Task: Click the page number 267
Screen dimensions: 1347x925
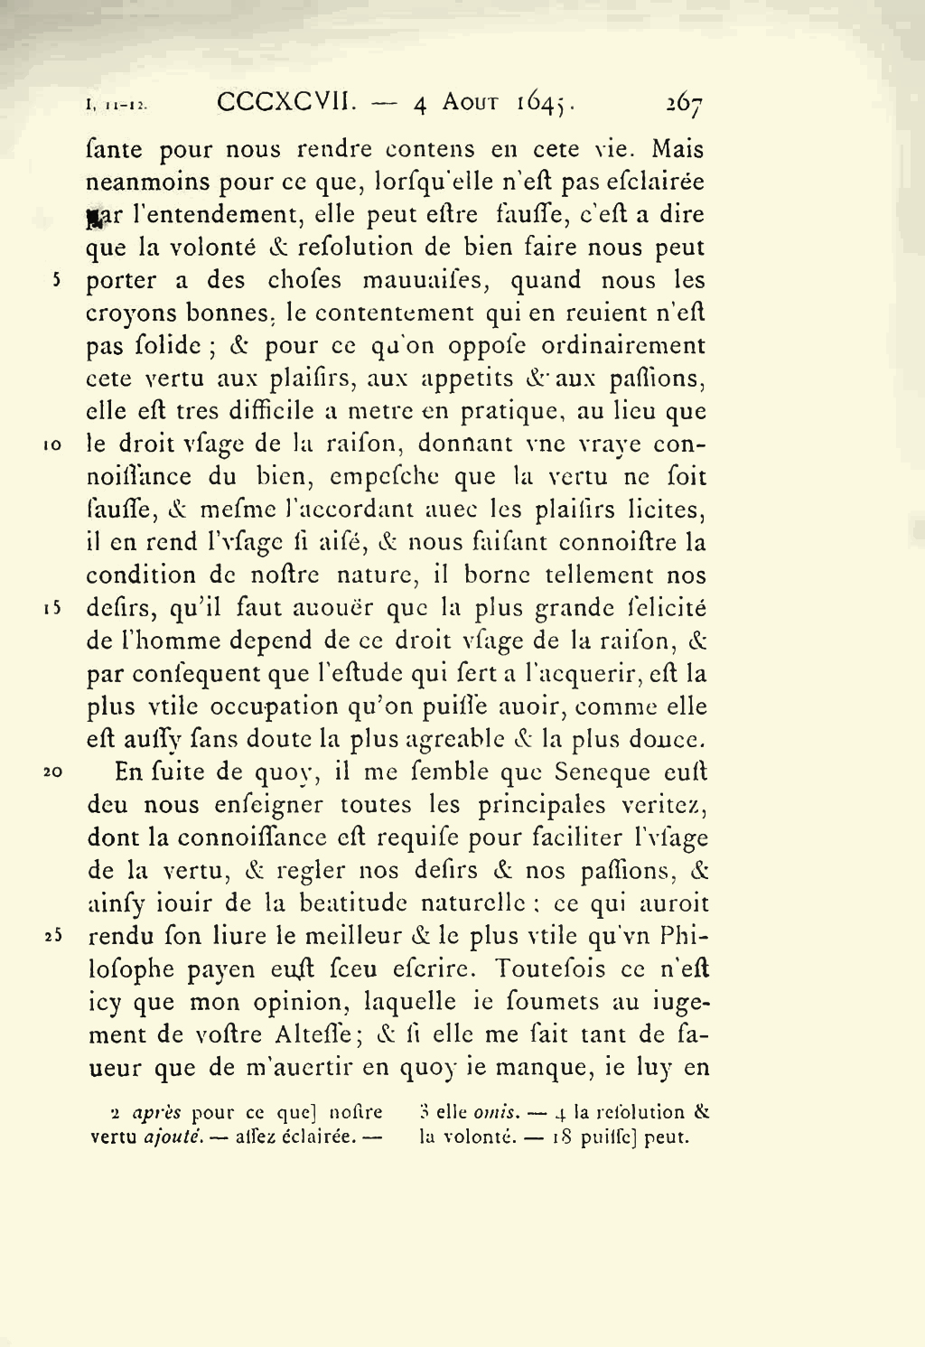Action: pyautogui.click(x=685, y=104)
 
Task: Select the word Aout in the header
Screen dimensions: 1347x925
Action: pyautogui.click(x=470, y=103)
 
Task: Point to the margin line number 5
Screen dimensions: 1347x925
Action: pyautogui.click(x=56, y=280)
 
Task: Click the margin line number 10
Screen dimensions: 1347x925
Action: pyautogui.click(x=51, y=445)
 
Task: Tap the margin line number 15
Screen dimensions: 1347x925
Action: pyautogui.click(x=51, y=609)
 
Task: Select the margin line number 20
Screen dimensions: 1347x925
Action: pyautogui.click(x=51, y=772)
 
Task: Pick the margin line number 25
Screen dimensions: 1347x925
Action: pyautogui.click(x=51, y=937)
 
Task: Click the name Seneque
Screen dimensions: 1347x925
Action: pyautogui.click(x=603, y=772)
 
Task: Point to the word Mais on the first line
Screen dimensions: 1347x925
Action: pyautogui.click(x=677, y=149)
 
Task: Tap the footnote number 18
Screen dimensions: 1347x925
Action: pyautogui.click(x=562, y=1137)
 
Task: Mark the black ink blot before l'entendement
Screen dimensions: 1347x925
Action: pyautogui.click(x=92, y=217)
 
